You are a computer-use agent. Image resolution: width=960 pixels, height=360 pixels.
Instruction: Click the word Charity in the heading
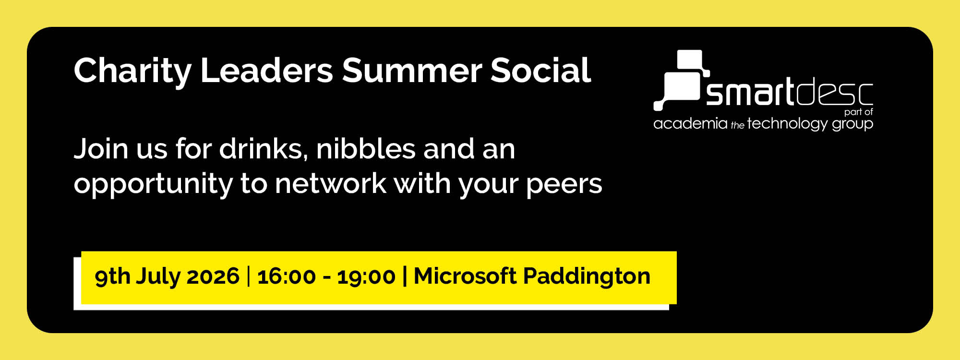[132, 71]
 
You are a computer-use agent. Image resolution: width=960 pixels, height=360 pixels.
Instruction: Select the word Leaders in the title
[266, 71]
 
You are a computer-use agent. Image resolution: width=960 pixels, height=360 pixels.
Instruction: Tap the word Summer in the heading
[411, 71]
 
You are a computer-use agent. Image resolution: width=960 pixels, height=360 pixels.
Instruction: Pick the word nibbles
[365, 149]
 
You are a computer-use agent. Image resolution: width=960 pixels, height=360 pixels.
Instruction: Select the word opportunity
[153, 184]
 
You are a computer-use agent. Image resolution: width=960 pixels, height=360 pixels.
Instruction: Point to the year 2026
[213, 276]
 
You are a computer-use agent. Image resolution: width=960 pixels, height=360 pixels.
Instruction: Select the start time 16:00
[287, 276]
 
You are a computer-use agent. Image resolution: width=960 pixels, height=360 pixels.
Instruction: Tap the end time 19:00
[366, 276]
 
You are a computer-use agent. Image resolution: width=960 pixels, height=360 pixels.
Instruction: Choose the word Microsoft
[465, 276]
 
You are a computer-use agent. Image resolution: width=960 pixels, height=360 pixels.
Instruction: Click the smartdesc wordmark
[789, 92]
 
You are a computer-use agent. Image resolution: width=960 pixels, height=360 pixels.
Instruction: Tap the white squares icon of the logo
[682, 79]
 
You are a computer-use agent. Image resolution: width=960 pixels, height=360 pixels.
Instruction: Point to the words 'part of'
[858, 112]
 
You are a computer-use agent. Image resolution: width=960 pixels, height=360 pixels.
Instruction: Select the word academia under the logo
[690, 124]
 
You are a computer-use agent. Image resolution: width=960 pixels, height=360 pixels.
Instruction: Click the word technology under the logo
[787, 124]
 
